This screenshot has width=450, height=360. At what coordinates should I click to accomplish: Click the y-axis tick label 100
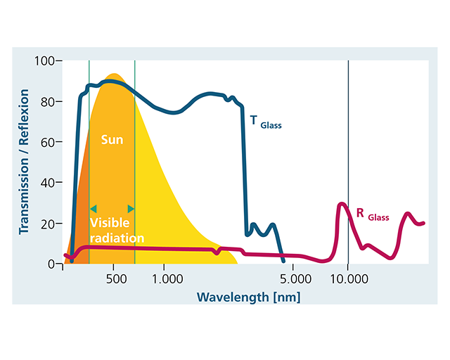pos(44,61)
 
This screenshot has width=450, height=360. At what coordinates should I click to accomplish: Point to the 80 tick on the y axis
pos(47,101)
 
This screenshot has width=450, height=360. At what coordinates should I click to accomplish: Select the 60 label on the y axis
pos(47,142)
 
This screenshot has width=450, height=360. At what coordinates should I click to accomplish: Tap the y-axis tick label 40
pos(47,183)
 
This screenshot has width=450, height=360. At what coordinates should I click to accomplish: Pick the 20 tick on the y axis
pos(47,224)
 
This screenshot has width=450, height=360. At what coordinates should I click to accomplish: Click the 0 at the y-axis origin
pos(51,264)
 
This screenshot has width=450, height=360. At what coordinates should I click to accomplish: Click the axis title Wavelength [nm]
pos(248,296)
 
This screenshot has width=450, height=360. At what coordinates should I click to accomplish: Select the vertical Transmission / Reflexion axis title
pos(24,162)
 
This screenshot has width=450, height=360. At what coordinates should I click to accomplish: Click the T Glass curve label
pos(266,122)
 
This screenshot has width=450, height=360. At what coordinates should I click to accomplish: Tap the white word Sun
pos(112,140)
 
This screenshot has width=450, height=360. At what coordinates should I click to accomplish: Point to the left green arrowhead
pos(93,209)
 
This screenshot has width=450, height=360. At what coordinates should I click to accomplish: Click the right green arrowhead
pos(130,209)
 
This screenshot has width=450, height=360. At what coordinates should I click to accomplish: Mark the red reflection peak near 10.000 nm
pos(342,205)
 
